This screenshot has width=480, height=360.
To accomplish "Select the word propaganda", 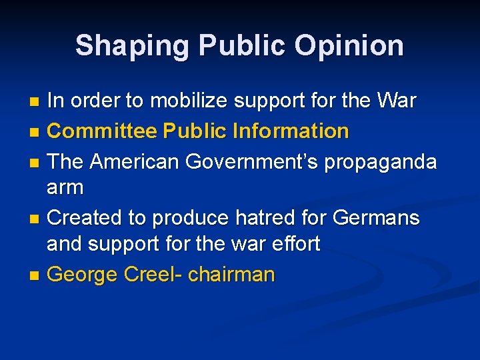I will tap(381, 161).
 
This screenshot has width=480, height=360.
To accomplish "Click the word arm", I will tap(65, 188).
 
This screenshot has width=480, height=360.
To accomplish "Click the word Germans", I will tap(375, 217).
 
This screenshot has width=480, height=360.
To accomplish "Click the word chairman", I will tap(231, 273).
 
